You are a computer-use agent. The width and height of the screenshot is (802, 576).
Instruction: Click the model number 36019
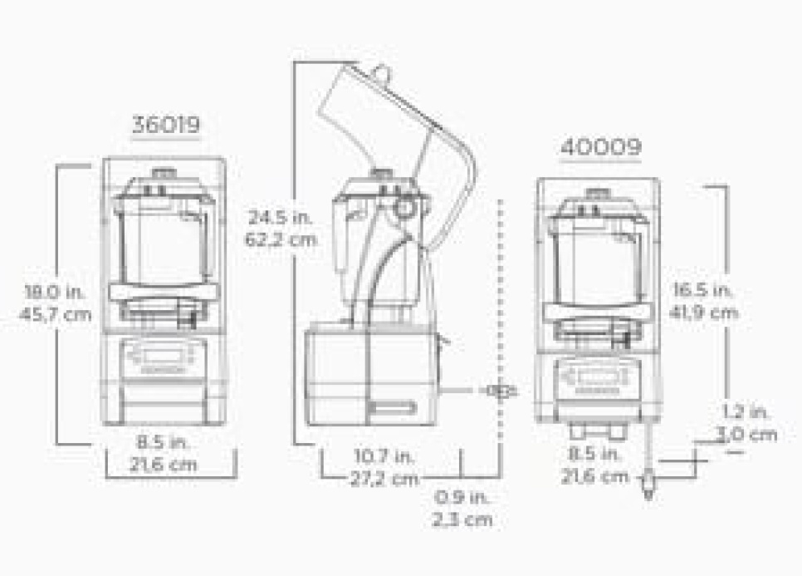(x=166, y=125)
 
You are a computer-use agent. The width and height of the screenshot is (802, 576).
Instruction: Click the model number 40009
(x=600, y=147)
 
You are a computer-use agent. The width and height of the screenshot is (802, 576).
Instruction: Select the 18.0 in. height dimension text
(x=56, y=292)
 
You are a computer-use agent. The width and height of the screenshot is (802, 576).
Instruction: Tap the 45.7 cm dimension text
(x=56, y=314)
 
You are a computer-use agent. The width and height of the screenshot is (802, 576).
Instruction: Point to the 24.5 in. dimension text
(x=281, y=217)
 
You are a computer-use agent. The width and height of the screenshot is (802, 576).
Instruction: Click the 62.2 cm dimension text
(x=281, y=239)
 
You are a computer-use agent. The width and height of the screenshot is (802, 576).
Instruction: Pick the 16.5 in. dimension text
(x=702, y=290)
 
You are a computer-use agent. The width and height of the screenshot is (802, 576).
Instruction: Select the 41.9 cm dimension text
(x=704, y=312)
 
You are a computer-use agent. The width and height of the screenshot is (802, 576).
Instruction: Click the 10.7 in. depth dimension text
(x=384, y=455)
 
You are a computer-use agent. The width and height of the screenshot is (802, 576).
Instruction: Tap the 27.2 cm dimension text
(x=384, y=479)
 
